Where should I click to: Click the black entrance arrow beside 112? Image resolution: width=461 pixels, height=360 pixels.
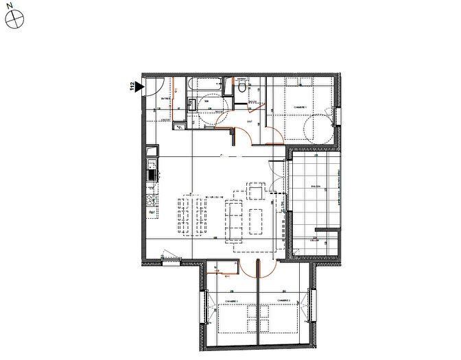click(x=139, y=86)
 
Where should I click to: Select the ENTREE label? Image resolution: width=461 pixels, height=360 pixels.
click(x=165, y=100)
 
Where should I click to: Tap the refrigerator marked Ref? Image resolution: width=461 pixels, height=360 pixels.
click(x=151, y=213)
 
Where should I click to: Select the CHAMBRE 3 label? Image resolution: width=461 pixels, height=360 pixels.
click(x=284, y=300)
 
